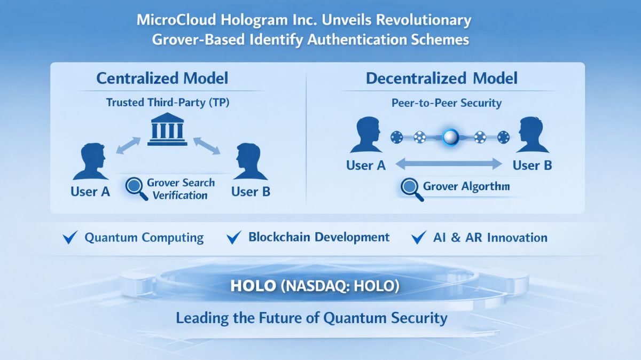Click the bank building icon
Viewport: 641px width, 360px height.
pos(167,129)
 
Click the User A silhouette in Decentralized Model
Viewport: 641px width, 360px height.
pos(366,137)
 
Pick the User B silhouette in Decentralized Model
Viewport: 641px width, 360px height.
pos(532,137)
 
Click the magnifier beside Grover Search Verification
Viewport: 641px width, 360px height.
pos(136,189)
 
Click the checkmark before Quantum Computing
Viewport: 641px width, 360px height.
pos(71,238)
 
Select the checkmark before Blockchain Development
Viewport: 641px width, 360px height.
pos(234,238)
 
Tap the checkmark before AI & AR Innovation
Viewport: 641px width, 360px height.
pos(419,238)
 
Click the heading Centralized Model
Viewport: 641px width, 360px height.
pos(162,79)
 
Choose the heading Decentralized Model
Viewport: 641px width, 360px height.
pos(441,79)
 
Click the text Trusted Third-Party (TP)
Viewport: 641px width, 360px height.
pos(167,102)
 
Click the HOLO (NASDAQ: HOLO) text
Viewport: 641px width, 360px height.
pos(315,286)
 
